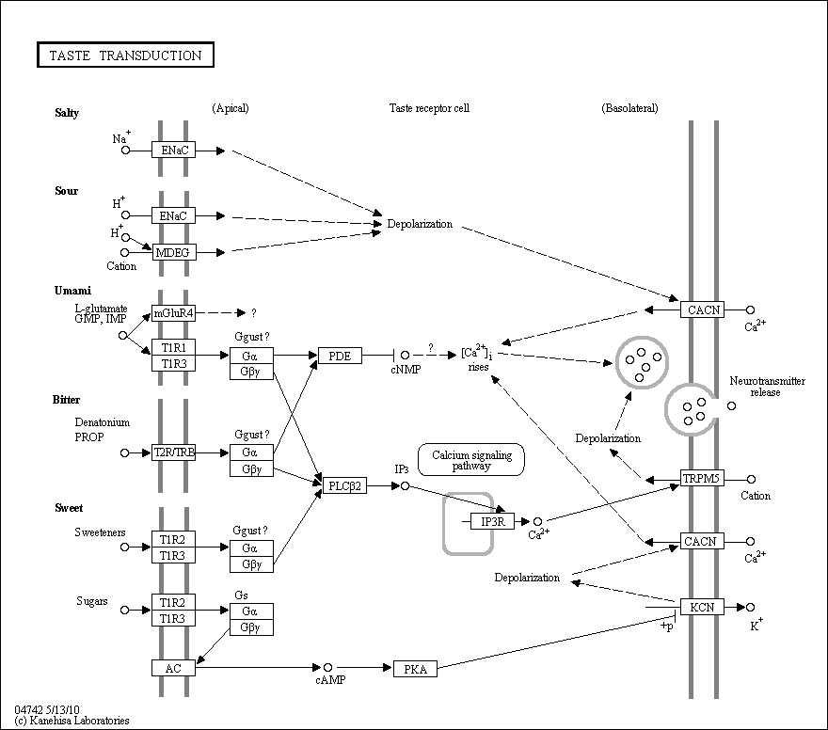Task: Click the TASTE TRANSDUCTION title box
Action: coord(126,55)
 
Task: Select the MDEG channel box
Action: coord(174,252)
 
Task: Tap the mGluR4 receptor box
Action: coord(173,313)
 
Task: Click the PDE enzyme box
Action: coord(340,356)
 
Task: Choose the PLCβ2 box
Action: coord(344,485)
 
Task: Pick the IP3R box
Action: coord(492,521)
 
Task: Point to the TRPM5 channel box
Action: coord(702,478)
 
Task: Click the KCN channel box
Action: coord(702,607)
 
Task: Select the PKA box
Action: coord(415,669)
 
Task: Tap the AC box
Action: coord(173,668)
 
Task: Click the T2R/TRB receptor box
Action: coord(173,452)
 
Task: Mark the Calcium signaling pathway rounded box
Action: coord(471,460)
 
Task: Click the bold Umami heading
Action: coord(72,291)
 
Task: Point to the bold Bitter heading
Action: coord(66,400)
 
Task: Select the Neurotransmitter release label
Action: coord(767,387)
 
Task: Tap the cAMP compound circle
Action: coord(328,668)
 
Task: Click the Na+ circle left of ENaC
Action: coord(126,150)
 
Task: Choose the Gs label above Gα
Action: coord(241,595)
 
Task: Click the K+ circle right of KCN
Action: coord(751,607)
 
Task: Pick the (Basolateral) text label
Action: coord(629,108)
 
